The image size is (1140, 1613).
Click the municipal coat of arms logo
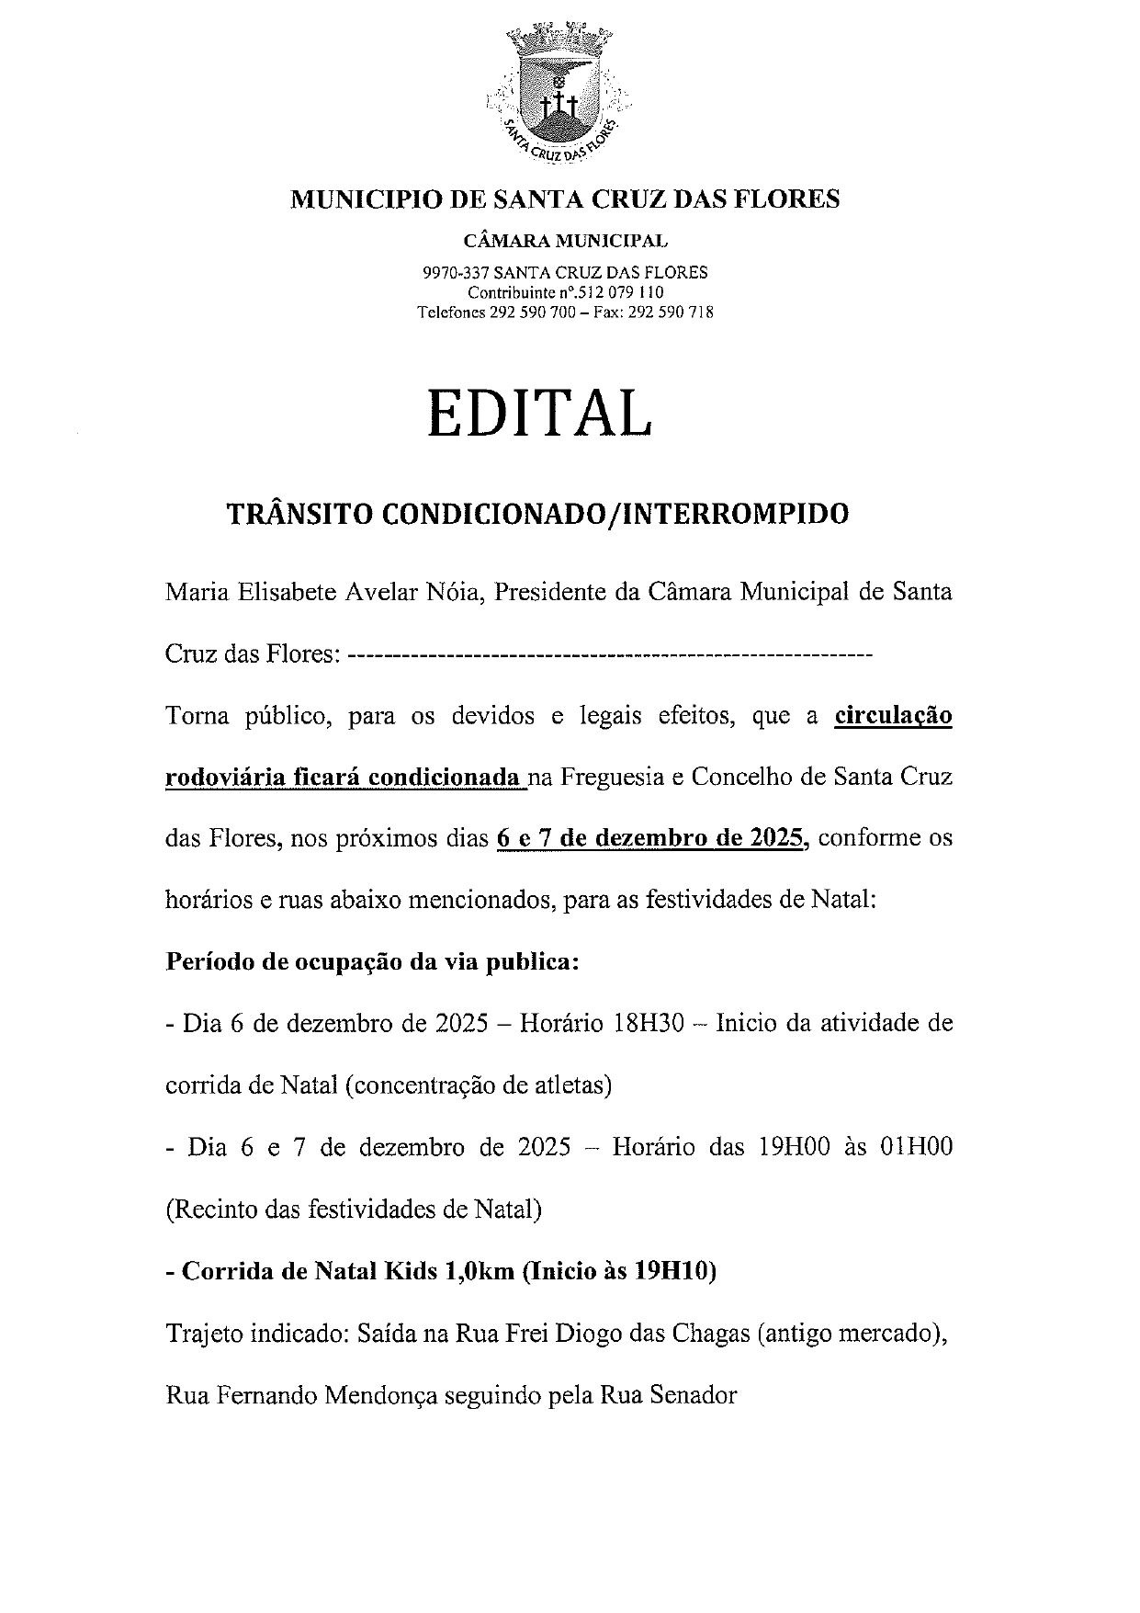556,93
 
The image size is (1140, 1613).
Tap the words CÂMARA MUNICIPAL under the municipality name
566,242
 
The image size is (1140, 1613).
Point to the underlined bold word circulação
893,716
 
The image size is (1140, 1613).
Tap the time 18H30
649,1024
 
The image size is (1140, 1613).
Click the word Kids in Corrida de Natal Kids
412,1272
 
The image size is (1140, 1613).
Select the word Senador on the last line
694,1395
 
